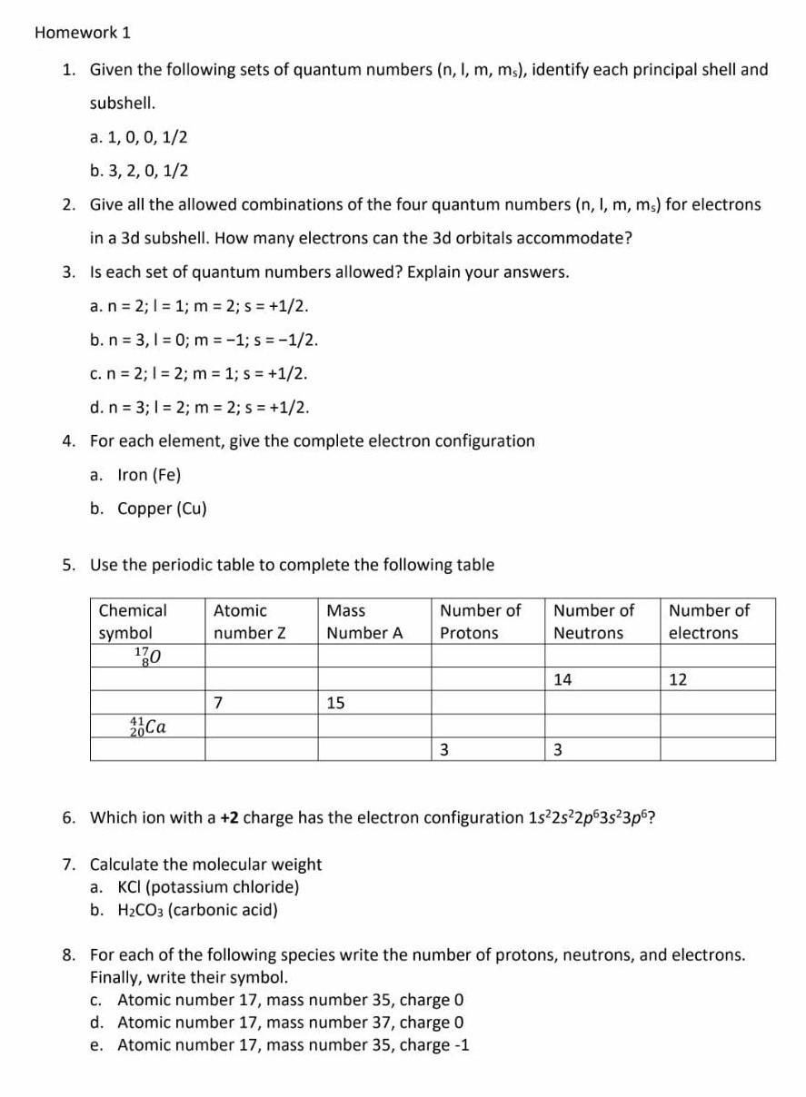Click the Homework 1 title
click(83, 33)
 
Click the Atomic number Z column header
click(249, 622)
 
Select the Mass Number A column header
click(363, 622)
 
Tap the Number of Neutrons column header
click(592, 622)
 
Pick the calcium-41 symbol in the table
click(147, 726)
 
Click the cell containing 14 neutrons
click(563, 679)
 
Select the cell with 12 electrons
click(678, 679)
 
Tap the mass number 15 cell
click(335, 703)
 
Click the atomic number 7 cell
click(217, 703)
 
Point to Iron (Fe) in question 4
click(148, 475)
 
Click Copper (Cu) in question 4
click(161, 509)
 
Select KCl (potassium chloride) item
click(207, 887)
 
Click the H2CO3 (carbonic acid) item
click(197, 910)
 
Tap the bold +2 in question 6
click(229, 817)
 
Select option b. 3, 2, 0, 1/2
click(140, 171)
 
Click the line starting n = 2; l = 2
click(199, 373)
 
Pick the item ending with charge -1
click(293, 1044)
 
